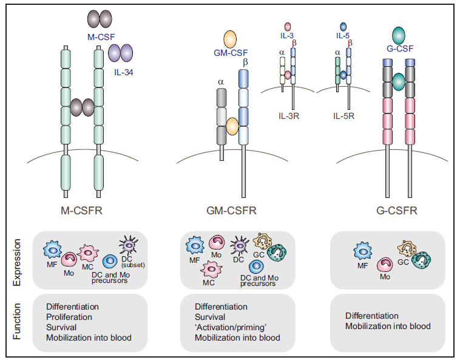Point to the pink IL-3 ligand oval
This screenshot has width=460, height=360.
287,27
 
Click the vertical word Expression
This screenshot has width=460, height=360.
18,262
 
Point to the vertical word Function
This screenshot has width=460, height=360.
18,322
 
